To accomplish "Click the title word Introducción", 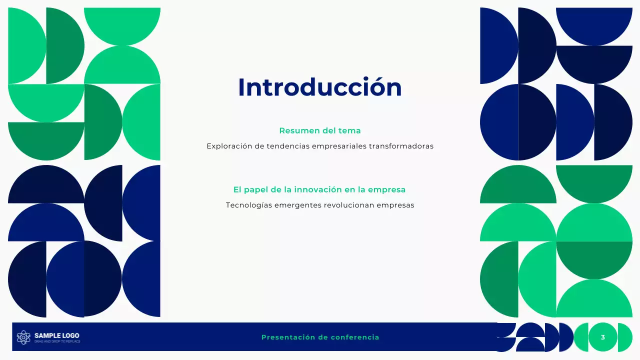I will tap(319, 87).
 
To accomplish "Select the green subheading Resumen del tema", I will tap(319, 131).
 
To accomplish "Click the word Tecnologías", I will tap(248, 205).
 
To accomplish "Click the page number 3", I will tap(602, 337).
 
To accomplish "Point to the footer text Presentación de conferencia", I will tap(320, 337).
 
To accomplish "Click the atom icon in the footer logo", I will tap(23, 337).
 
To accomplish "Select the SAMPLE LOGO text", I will tap(56, 335).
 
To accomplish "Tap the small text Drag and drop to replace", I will tap(56, 341).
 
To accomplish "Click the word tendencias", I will tap(288, 146).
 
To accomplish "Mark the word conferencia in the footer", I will tap(354, 337).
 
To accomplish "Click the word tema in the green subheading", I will tap(350, 131).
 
